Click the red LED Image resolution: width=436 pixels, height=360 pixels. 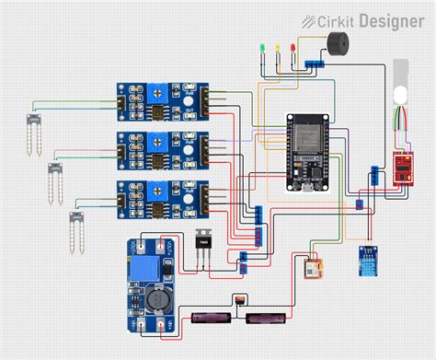point(293,46)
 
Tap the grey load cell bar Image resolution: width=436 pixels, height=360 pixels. point(400,84)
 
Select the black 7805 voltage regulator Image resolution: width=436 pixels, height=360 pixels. point(205,244)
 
